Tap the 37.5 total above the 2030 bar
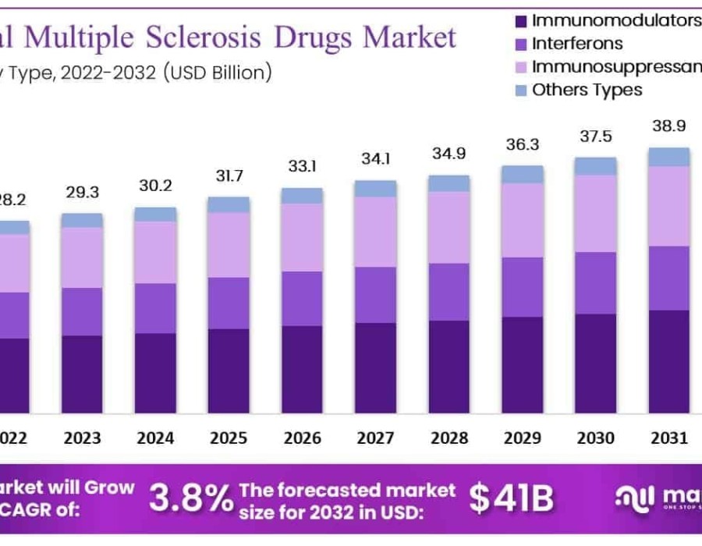point(596,137)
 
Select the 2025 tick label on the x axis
point(229,438)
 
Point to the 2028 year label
point(448,438)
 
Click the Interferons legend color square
point(522,44)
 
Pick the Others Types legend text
point(587,90)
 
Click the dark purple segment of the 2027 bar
point(375,367)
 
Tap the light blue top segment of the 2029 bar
point(522,174)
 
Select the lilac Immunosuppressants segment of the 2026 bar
point(302,237)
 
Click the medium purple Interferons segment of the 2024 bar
point(155,308)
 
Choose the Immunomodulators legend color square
point(522,20)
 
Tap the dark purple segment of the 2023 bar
point(82,374)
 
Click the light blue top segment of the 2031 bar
point(669,157)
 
